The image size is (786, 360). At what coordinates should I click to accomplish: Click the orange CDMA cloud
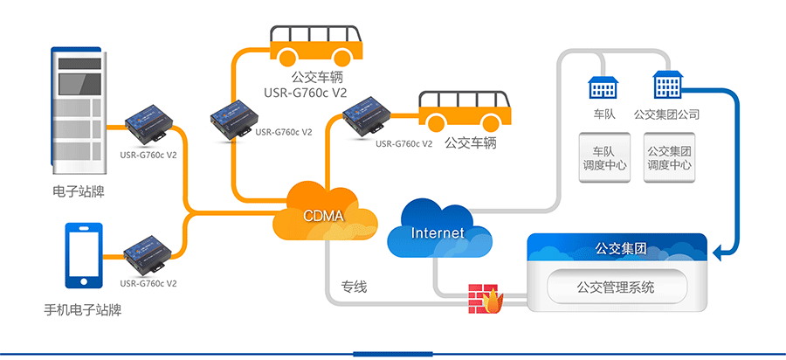[x=323, y=213]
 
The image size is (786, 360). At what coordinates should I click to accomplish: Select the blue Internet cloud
[x=438, y=232]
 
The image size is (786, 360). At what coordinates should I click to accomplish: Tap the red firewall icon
[x=483, y=299]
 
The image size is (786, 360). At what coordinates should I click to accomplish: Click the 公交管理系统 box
[x=617, y=287]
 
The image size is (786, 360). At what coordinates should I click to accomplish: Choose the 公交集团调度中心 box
[x=670, y=157]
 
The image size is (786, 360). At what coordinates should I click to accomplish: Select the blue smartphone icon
[x=84, y=255]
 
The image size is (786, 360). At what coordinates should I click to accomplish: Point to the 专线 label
[x=354, y=286]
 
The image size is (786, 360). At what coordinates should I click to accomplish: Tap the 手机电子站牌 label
[x=82, y=309]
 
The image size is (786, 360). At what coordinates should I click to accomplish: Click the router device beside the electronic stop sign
[x=148, y=123]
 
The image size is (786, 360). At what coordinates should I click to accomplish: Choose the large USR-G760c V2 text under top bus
[x=303, y=93]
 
